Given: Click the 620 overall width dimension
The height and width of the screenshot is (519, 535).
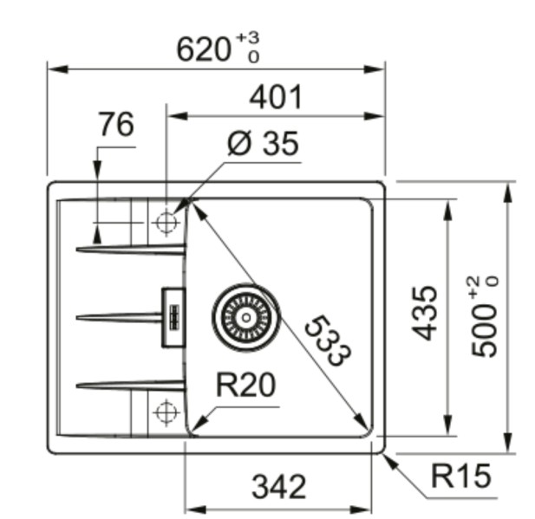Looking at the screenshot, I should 205,49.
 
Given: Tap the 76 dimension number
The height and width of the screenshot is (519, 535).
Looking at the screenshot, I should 116,126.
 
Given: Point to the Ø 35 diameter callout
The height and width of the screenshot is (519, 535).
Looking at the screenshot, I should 262,144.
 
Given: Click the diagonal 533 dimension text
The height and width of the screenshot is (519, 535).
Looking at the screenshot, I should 329,339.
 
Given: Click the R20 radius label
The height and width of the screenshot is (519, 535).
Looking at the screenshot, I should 245,384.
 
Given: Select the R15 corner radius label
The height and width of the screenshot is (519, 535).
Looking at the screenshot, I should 460,475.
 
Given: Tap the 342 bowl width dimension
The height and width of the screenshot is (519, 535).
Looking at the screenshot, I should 278,487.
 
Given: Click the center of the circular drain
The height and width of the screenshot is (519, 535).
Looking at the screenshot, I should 245,316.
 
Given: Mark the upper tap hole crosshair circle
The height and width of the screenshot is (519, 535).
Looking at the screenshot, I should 165,223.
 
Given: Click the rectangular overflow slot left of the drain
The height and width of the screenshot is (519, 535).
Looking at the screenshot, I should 172,317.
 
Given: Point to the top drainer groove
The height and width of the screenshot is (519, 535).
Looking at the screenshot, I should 130,250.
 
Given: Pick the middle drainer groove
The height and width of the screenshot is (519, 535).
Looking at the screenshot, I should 121,317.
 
